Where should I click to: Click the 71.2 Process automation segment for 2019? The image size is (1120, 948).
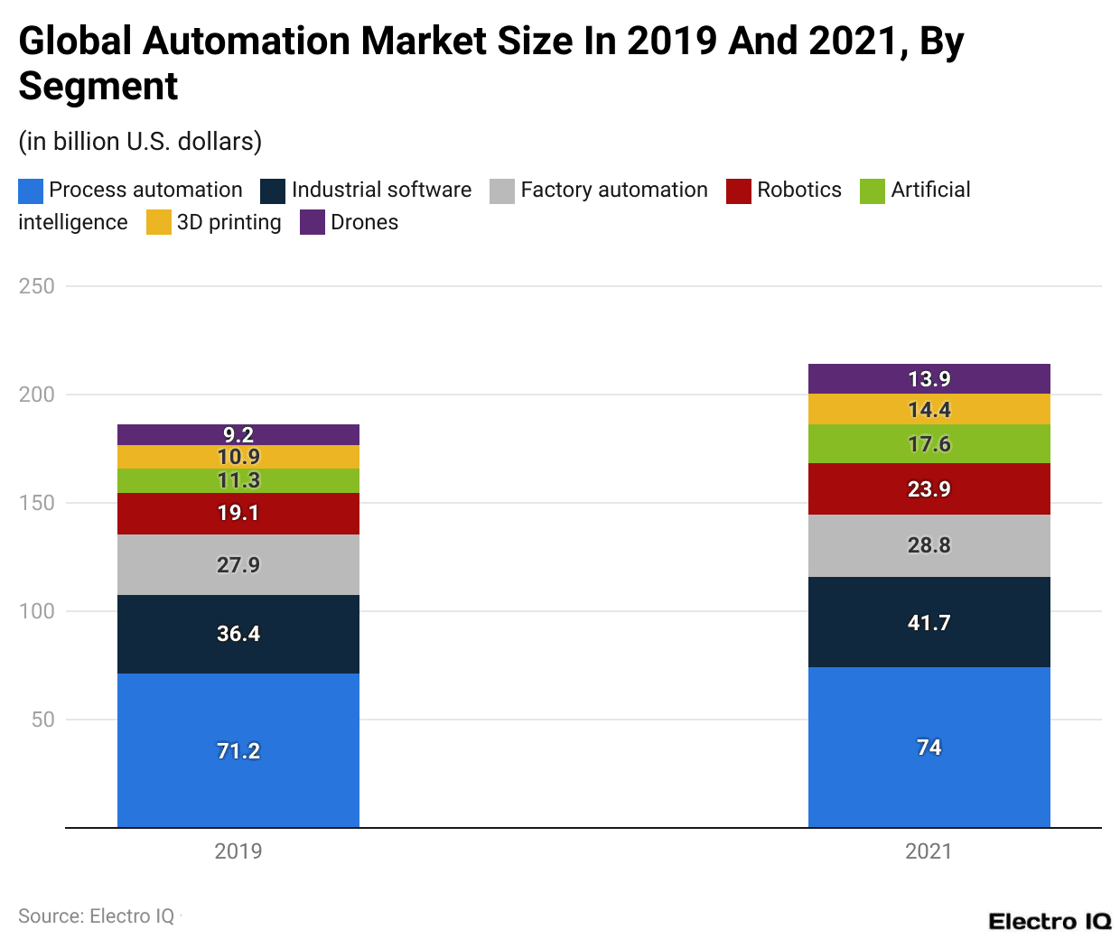238,749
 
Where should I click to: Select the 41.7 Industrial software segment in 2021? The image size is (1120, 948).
929,622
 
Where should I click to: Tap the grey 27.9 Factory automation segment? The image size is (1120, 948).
238,564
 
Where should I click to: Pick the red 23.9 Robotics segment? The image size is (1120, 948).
929,488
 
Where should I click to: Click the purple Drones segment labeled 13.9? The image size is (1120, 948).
929,378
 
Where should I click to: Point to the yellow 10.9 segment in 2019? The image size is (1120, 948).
238,457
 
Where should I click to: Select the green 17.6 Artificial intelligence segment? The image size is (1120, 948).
929,443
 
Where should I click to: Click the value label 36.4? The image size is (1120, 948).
238,634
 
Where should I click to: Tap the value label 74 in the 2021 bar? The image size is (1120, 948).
929,748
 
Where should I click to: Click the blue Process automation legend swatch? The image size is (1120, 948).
31,191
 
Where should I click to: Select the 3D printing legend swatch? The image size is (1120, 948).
159,223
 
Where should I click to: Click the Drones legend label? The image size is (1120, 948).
364,222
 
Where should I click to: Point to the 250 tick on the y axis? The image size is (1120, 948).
37,286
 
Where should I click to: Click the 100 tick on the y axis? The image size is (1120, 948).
37,611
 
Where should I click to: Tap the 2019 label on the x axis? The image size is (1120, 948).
238,851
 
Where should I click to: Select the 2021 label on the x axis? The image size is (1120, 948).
929,851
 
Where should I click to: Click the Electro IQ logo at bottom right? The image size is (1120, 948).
1050,921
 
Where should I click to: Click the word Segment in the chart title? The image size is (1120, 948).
98,87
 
